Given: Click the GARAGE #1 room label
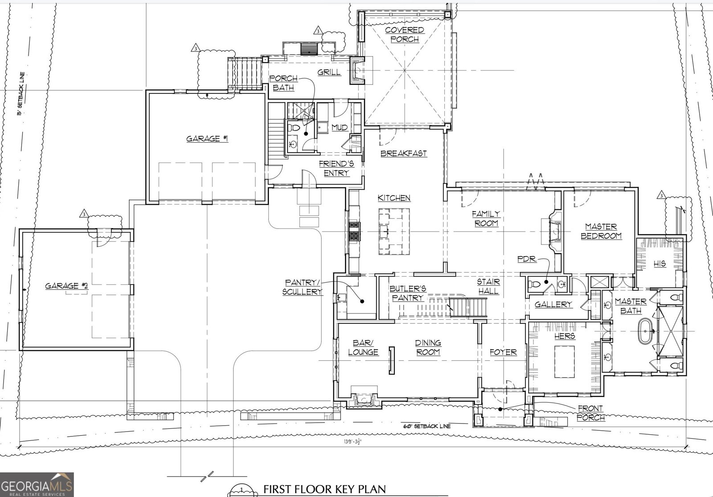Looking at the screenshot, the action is click(207, 139).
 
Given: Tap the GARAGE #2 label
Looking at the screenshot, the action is click(66, 286).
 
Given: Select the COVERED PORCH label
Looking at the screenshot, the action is click(405, 34).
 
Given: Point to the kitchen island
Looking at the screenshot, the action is click(394, 231).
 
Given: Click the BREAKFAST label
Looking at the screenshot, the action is click(404, 153).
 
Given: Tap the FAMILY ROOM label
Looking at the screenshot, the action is click(486, 219).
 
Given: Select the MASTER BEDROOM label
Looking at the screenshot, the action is click(601, 231).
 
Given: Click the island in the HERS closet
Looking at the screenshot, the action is click(565, 362).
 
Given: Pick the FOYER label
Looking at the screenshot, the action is click(503, 352).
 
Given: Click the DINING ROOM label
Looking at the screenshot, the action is click(428, 347).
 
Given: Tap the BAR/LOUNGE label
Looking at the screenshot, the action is click(363, 347).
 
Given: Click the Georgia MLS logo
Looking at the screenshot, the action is click(37, 485).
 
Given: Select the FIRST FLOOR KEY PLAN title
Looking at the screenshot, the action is click(325, 489).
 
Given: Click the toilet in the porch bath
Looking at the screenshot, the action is click(294, 128).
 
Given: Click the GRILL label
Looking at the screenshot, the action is click(329, 72).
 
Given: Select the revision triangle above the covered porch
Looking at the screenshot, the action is click(318, 31).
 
